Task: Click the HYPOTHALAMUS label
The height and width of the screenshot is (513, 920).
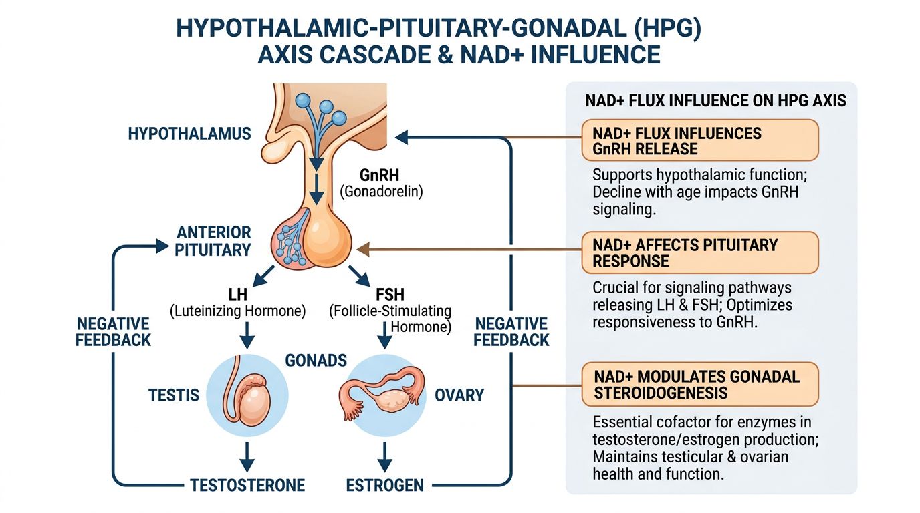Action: click(x=189, y=133)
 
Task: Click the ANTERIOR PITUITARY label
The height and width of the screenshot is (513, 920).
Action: click(x=213, y=241)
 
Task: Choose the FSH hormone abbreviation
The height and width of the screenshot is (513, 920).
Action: click(x=390, y=294)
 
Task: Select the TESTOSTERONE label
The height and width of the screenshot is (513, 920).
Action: click(x=247, y=484)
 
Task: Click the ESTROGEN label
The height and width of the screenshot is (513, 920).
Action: click(x=384, y=484)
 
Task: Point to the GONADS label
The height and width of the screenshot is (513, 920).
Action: click(x=316, y=361)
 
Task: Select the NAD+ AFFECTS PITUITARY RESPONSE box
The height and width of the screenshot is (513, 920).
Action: click(x=699, y=252)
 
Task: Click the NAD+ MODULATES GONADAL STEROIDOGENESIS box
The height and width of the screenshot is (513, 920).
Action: click(x=699, y=385)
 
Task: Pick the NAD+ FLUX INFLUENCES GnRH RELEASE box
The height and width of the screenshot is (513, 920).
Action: click(x=699, y=140)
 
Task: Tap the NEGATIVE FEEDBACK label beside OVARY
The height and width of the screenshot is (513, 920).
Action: click(x=511, y=332)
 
